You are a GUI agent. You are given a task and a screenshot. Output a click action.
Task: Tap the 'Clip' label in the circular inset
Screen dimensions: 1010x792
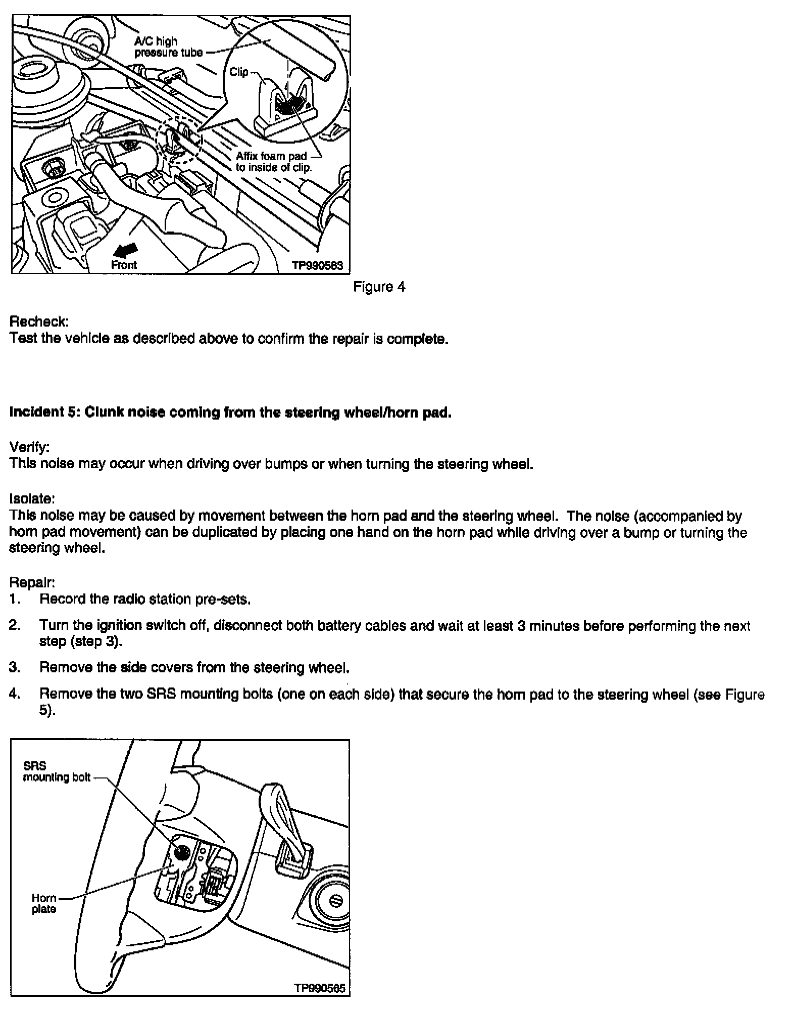pyautogui.click(x=238, y=72)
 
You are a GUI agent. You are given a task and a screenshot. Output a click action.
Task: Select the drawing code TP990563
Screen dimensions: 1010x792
pyautogui.click(x=317, y=265)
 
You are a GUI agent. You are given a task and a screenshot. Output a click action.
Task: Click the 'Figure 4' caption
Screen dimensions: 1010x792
pyautogui.click(x=379, y=287)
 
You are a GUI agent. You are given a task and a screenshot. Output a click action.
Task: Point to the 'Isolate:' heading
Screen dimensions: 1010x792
pyautogui.click(x=32, y=499)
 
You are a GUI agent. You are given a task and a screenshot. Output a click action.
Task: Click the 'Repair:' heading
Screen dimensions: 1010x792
pyautogui.click(x=32, y=582)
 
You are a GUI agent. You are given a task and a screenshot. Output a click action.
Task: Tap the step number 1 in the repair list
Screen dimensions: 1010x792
pyautogui.click(x=14, y=600)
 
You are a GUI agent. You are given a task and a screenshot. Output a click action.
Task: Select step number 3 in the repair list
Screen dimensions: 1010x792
pyautogui.click(x=15, y=668)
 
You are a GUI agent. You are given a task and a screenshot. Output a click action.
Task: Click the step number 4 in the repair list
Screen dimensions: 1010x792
pyautogui.click(x=15, y=694)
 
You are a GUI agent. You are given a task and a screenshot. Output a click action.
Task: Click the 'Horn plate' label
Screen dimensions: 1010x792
pyautogui.click(x=44, y=903)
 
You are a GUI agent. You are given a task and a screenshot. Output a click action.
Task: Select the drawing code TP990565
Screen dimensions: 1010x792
pyautogui.click(x=320, y=988)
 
